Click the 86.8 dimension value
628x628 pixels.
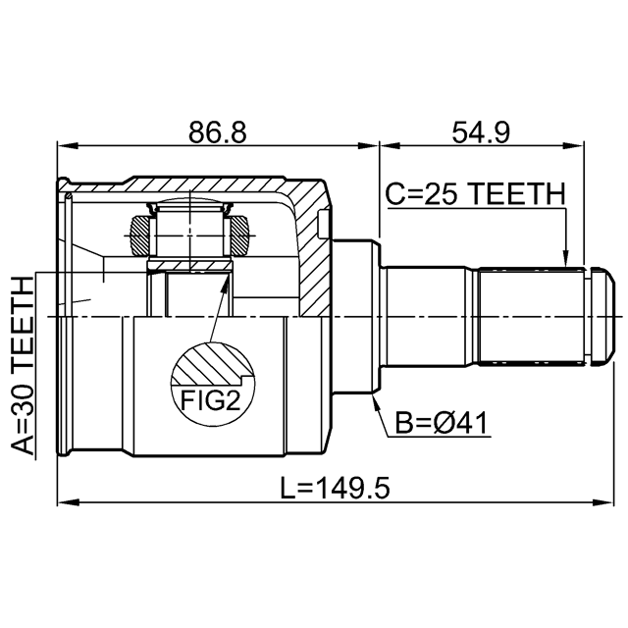click(218, 132)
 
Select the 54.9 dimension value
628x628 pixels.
click(481, 132)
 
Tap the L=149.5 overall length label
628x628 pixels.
click(335, 488)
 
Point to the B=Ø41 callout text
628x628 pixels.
click(442, 423)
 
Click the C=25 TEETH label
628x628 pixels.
click(475, 194)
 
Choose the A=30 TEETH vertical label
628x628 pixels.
click(22, 365)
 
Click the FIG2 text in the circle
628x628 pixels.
click(210, 400)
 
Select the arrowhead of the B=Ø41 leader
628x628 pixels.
click(376, 402)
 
